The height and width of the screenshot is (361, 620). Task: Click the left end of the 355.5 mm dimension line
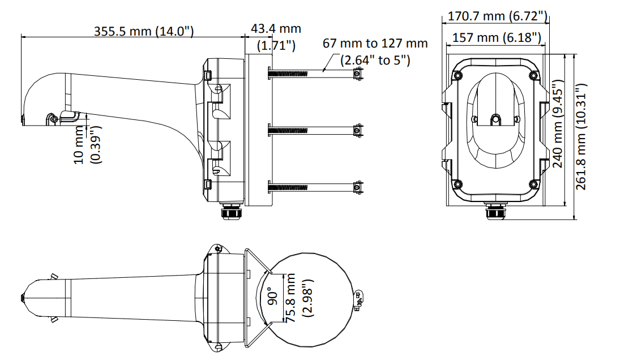[x=22, y=37]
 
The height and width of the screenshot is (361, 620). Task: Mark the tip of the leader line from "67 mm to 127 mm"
[x=323, y=71]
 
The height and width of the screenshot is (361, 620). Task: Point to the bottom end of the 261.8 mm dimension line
[x=574, y=219]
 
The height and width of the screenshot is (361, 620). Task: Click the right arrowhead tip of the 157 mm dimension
[x=545, y=45]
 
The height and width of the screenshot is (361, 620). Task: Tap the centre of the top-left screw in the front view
[x=457, y=74]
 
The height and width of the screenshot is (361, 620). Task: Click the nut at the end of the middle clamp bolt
[x=358, y=130]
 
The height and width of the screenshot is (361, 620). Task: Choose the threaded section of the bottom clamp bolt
[x=288, y=187]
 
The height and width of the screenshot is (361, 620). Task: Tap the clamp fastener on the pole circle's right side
[x=359, y=299]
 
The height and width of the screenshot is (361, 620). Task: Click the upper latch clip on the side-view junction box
[x=208, y=75]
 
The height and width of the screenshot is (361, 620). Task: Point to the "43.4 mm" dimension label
[x=276, y=28]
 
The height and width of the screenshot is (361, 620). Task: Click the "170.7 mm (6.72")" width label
[x=498, y=16]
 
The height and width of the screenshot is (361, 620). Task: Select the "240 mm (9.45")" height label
[x=557, y=123]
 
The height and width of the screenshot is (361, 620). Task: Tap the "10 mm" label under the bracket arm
[x=79, y=145]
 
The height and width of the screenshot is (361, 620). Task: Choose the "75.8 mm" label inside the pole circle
[x=290, y=298]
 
